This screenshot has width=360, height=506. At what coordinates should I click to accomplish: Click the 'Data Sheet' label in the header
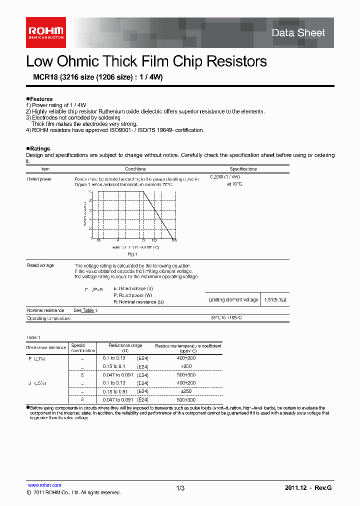(x=298, y=33)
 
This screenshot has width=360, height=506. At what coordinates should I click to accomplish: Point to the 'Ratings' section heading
(x=40, y=148)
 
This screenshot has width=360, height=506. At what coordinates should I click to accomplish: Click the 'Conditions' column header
(x=135, y=169)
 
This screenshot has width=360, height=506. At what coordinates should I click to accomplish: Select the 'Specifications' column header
(x=243, y=169)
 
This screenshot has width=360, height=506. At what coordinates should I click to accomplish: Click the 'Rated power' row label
(x=39, y=178)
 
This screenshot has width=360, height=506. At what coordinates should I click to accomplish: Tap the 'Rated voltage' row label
(x=40, y=265)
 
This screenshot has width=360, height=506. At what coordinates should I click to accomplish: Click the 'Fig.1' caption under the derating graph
(x=132, y=254)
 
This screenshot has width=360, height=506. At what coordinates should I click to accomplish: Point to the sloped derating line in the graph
(x=158, y=215)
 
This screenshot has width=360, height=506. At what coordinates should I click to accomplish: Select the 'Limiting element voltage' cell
(x=233, y=300)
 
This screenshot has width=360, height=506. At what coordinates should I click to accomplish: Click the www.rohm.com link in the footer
(x=44, y=485)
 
